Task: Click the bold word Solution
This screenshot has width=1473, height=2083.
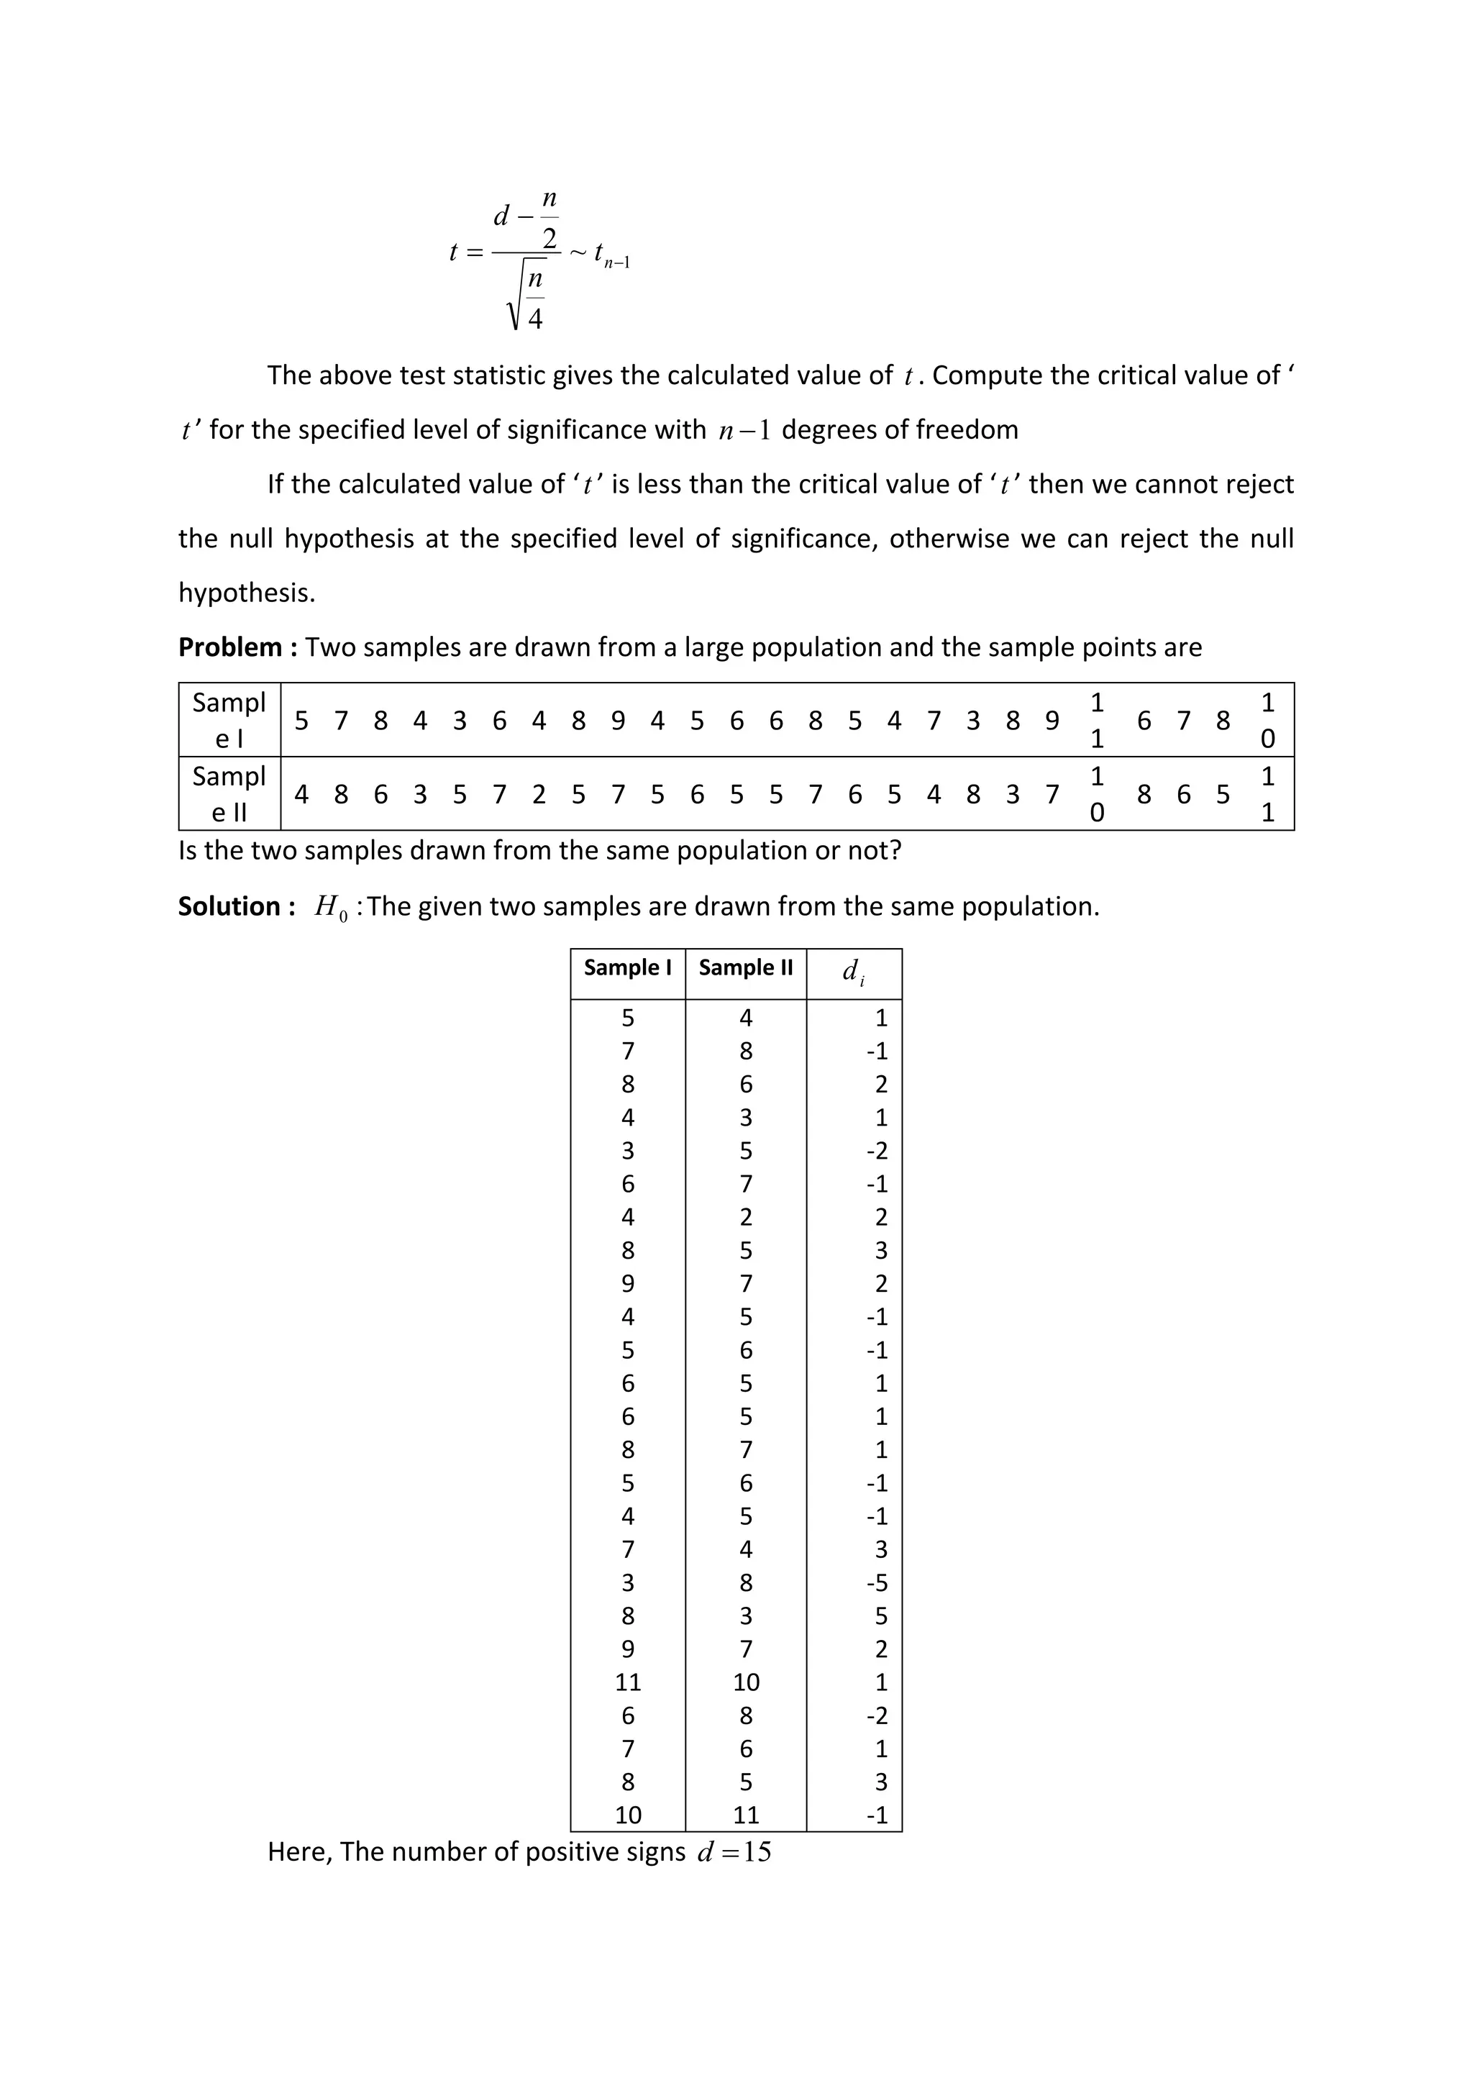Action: (230, 906)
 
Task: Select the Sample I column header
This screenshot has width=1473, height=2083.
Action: (628, 968)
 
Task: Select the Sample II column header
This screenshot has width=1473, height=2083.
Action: (746, 968)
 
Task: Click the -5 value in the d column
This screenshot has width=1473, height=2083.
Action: (877, 1583)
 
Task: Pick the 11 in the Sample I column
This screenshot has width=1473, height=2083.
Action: (628, 1683)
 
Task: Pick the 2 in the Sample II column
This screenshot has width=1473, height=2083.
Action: (746, 1218)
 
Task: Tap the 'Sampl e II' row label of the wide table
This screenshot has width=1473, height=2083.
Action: (229, 794)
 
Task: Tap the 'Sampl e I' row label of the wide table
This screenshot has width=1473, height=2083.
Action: (229, 720)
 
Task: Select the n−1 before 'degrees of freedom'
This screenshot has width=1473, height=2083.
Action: (744, 430)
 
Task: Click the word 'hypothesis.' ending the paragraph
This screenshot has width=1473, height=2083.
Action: (247, 593)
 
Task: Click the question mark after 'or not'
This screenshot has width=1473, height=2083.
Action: (895, 850)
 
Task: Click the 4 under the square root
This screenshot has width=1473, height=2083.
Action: (535, 319)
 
